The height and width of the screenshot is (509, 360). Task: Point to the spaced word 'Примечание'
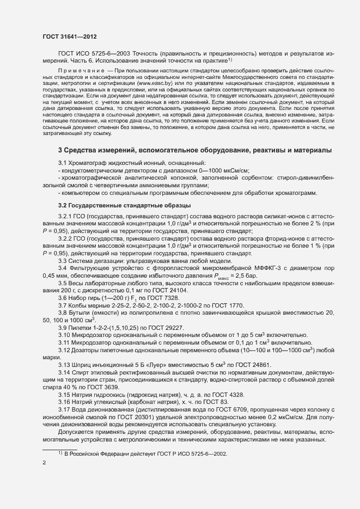[82, 71]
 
